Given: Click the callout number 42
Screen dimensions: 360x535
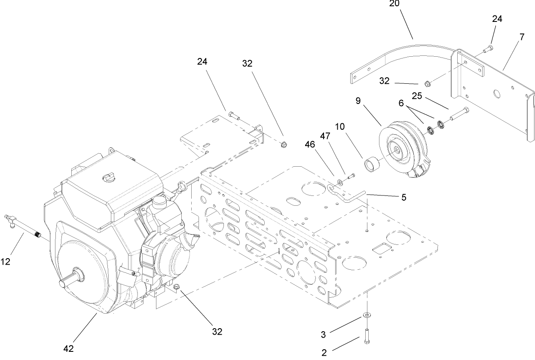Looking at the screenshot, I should pyautogui.click(x=69, y=348).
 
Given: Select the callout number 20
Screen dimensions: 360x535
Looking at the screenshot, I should pyautogui.click(x=394, y=4).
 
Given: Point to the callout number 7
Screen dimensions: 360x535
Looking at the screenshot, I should pyautogui.click(x=522, y=37).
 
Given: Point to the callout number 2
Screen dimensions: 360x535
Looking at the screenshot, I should pyautogui.click(x=324, y=352).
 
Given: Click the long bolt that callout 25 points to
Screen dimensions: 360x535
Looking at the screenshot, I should pyautogui.click(x=459, y=114).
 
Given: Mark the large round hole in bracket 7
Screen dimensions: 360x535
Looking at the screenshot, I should pyautogui.click(x=498, y=93).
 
